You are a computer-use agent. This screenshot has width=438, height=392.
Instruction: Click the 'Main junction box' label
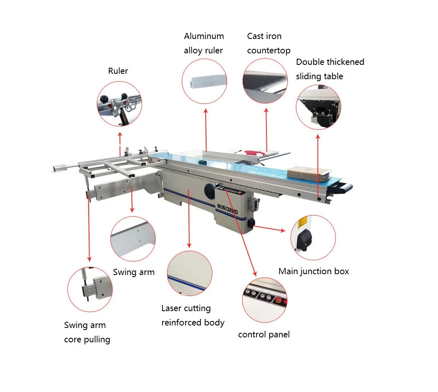pyautogui.click(x=314, y=271)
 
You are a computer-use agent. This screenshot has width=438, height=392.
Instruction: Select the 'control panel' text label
pyautogui.click(x=264, y=335)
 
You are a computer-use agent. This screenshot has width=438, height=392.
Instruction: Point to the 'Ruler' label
pyautogui.click(x=118, y=71)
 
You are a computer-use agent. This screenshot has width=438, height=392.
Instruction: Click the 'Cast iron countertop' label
pyautogui.click(x=268, y=44)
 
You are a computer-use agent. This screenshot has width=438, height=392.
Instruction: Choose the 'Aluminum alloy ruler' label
pyautogui.click(x=204, y=44)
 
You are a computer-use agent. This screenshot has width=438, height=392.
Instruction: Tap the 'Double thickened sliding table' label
pyautogui.click(x=330, y=69)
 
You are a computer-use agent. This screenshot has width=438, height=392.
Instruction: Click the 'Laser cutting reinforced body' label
pyautogui.click(x=193, y=315)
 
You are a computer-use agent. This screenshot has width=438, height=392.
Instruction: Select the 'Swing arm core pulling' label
pyautogui.click(x=87, y=332)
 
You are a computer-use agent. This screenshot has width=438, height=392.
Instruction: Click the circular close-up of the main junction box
pyautogui.click(x=313, y=238)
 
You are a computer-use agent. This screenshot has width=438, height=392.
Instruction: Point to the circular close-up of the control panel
pyautogui.click(x=264, y=300)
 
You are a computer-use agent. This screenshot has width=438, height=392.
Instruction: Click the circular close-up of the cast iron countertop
pyautogui.click(x=265, y=81)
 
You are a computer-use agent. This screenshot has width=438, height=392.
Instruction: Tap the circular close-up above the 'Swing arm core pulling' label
pyautogui.click(x=89, y=289)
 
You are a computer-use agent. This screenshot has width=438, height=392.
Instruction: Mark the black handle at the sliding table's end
pyautogui.click(x=343, y=188)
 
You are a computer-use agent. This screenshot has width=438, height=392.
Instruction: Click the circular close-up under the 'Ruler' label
pyautogui.click(x=119, y=103)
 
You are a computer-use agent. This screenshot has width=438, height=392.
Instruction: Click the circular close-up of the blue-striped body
pyautogui.click(x=190, y=273)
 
